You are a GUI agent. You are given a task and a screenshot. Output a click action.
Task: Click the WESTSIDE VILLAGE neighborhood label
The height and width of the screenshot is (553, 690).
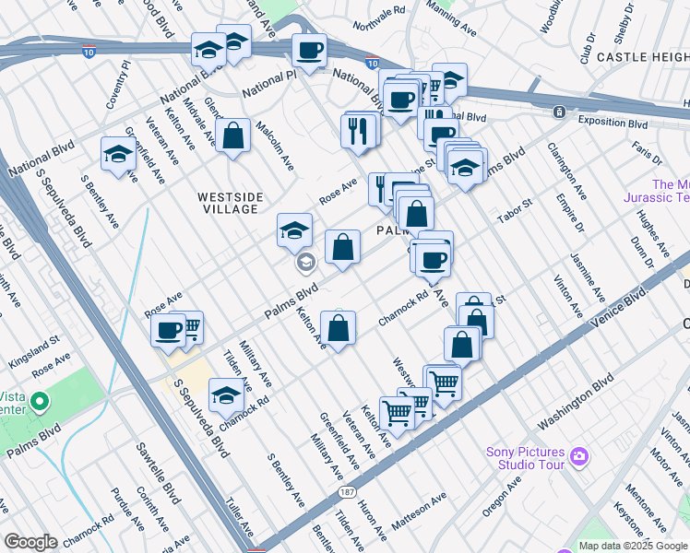230,203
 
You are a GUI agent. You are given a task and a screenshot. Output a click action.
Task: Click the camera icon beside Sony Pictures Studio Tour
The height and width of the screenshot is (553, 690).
578,455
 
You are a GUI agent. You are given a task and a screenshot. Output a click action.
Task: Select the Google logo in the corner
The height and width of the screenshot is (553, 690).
30,542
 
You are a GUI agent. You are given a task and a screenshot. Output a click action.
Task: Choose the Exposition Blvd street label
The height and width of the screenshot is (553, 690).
613,122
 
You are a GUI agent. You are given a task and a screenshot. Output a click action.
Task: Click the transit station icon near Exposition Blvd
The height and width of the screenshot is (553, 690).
559,112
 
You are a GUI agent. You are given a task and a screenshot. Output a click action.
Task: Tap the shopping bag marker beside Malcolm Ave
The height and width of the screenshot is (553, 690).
234,135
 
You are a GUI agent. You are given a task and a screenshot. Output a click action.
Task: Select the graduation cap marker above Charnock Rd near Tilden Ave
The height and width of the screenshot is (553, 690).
226,394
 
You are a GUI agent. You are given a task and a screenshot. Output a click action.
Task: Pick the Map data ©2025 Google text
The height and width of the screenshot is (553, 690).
633,546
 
